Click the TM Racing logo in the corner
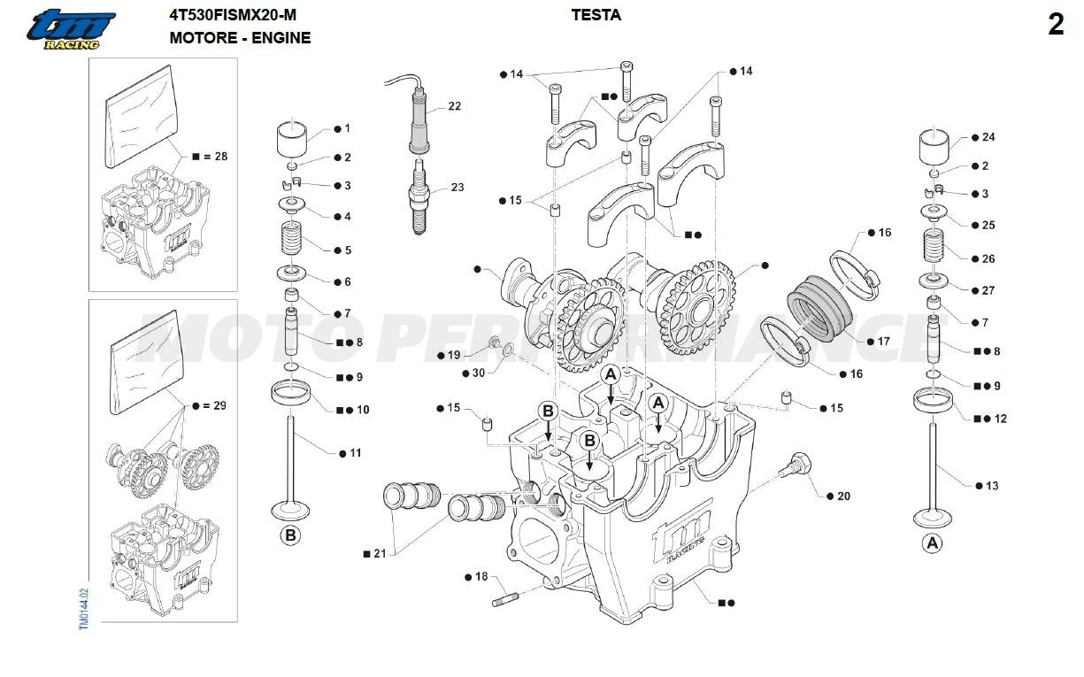coord(71,29)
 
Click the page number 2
coord(1056,26)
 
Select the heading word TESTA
coord(596,15)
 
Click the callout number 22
coord(454,106)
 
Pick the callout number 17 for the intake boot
coord(883,341)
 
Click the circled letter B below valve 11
coord(290,535)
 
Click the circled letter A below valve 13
coord(931,543)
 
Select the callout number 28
coord(219,157)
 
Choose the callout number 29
coord(219,405)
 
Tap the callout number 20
coord(843,496)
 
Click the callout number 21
coord(380,553)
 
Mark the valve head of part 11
coord(291,511)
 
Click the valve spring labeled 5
coord(291,238)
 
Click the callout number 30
coord(479,373)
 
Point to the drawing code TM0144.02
coord(84,608)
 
